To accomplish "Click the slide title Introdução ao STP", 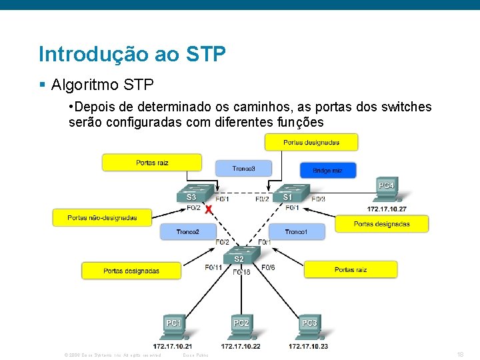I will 132,54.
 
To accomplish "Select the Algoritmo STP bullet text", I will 102,85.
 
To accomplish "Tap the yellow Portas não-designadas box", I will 102,217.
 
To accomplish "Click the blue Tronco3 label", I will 243,169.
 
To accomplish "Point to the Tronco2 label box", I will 187,232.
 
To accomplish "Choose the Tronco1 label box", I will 296,232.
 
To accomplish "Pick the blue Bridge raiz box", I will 327,171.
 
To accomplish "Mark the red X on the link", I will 209,209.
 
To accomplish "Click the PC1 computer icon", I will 174,327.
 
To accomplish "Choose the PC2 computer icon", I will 241,327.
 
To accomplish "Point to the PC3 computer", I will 309,327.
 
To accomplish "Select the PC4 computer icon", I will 385,189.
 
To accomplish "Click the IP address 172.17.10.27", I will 387,209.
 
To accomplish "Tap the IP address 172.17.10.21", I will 173,346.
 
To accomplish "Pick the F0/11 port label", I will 213,267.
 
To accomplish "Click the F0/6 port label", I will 268,267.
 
